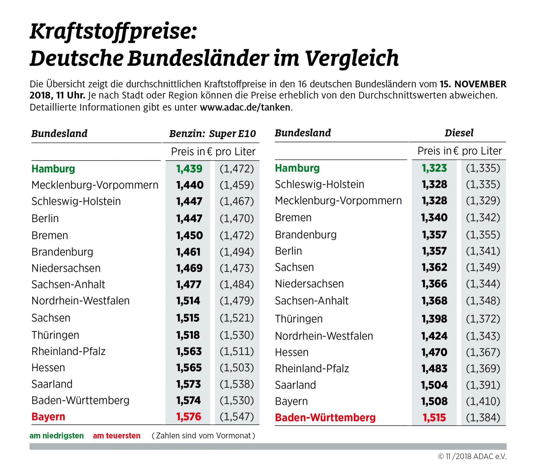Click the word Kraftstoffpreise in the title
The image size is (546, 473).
point(113,32)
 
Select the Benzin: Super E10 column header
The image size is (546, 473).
point(212,134)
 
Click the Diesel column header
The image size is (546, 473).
point(459,133)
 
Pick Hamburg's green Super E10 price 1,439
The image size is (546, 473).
point(189,169)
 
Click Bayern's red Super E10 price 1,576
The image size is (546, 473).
point(189,417)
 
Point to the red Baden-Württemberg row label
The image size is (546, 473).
point(325,418)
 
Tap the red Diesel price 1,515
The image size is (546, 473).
point(434,418)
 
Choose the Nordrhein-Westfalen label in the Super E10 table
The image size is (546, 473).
point(80,301)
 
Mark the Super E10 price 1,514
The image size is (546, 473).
point(188,301)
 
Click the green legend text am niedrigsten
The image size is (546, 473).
point(57,436)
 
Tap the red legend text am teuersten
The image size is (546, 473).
point(117,436)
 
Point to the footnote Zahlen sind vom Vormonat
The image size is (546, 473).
point(203,436)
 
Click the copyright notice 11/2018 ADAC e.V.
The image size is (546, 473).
point(472,457)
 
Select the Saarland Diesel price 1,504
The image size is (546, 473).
point(434,385)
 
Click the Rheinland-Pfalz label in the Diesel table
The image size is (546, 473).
point(312,369)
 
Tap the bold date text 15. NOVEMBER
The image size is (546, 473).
point(473,84)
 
